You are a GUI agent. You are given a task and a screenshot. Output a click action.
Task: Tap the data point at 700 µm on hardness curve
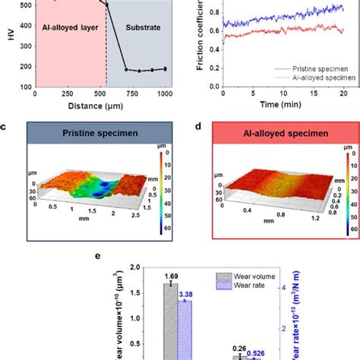tap(127, 69)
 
